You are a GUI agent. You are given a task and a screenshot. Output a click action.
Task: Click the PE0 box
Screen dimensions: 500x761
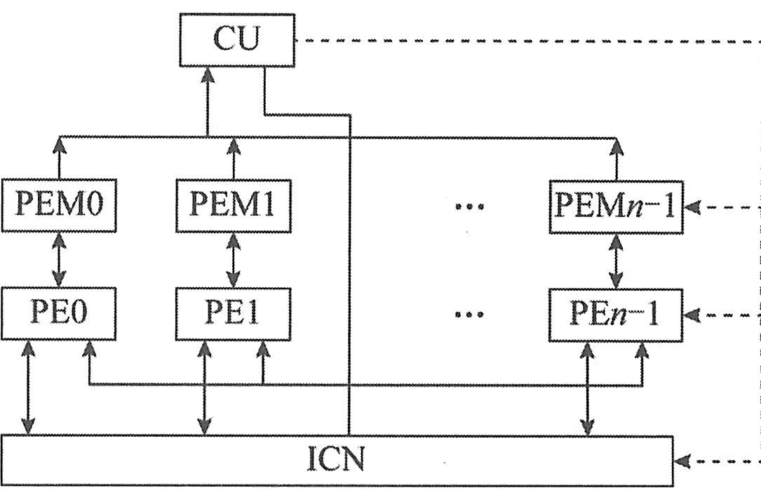pyautogui.click(x=58, y=313)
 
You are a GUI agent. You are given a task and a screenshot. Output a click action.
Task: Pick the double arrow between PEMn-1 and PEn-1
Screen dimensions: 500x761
pyautogui.click(x=616, y=260)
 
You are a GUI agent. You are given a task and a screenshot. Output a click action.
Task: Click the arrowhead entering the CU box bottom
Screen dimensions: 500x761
pyautogui.click(x=208, y=74)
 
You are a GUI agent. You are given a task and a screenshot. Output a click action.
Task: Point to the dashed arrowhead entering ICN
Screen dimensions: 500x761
pyautogui.click(x=682, y=461)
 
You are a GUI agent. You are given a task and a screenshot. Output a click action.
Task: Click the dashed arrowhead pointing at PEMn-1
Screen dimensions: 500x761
pyautogui.click(x=691, y=207)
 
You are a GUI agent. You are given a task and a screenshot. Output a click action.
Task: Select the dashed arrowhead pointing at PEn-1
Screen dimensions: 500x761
pyautogui.click(x=691, y=314)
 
